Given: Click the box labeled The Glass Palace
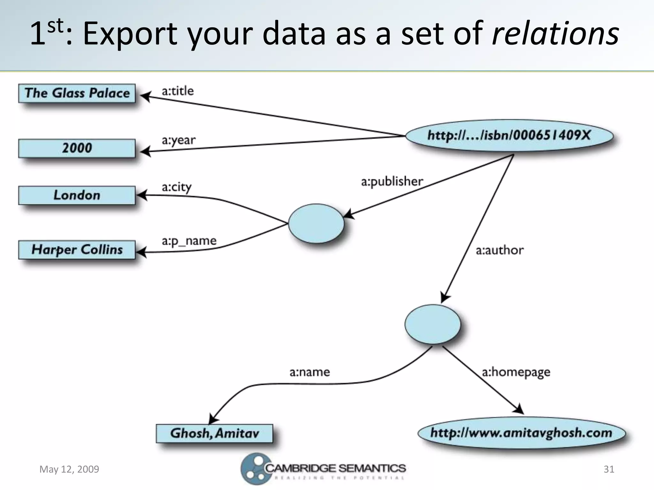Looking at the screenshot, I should click(77, 93).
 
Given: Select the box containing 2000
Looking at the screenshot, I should click(77, 148).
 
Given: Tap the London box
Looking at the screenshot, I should click(77, 195).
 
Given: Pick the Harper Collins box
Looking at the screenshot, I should click(77, 249).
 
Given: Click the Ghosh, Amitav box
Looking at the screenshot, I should click(214, 433).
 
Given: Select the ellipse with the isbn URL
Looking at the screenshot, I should click(509, 136).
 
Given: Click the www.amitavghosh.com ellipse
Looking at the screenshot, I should click(521, 433).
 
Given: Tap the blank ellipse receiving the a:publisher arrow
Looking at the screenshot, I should click(316, 224).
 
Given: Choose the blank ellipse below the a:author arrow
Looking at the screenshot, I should click(433, 324).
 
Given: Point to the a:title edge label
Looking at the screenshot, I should click(178, 91).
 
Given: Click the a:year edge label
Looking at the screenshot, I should click(179, 140).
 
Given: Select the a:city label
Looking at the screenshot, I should click(177, 187).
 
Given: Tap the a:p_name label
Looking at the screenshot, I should click(189, 241).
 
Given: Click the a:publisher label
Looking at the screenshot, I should click(392, 182).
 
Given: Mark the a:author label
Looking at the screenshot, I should click(499, 250).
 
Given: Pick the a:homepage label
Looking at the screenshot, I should click(516, 372).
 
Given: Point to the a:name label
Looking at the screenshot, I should click(309, 372).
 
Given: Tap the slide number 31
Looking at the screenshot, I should click(609, 469).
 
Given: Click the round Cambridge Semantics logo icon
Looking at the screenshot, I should click(254, 468).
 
